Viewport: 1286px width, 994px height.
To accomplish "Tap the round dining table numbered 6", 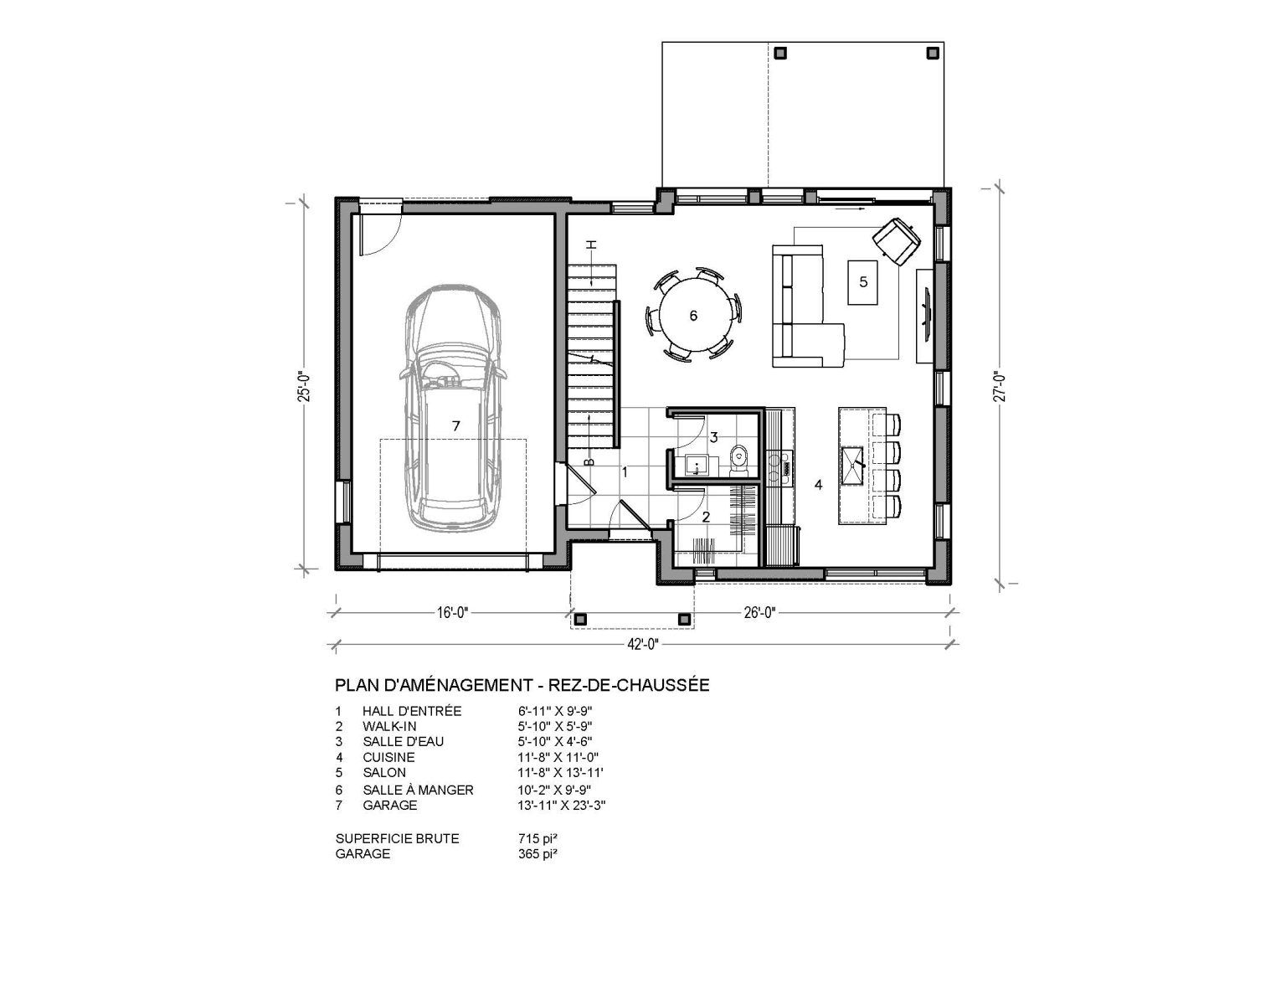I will click(x=692, y=316).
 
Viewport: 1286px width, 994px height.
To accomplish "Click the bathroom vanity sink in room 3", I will click(x=697, y=465).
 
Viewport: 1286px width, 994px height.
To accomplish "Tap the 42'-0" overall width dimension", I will click(x=642, y=644).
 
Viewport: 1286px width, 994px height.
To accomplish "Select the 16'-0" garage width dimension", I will click(x=450, y=612).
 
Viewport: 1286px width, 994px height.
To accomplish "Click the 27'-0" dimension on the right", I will click(x=996, y=387).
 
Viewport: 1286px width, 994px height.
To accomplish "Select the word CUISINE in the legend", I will click(x=388, y=757).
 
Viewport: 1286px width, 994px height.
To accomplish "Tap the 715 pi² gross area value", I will click(x=538, y=838).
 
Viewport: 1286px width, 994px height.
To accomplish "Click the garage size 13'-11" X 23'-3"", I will click(x=562, y=806).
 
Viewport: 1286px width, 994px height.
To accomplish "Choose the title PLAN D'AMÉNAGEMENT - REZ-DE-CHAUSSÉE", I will click(x=522, y=685).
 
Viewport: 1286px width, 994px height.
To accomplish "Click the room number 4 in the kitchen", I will click(x=818, y=484).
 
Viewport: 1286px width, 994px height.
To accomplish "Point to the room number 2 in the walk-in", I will click(x=706, y=517).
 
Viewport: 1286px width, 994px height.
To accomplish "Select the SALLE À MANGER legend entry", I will click(x=418, y=790).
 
